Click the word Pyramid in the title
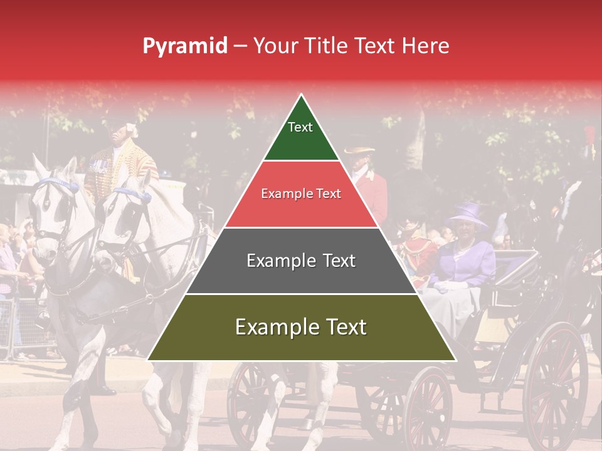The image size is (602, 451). pyautogui.click(x=184, y=46)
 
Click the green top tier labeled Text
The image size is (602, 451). pyautogui.click(x=300, y=135)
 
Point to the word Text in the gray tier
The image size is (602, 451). pyautogui.click(x=335, y=261)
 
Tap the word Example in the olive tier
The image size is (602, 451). pyautogui.click(x=274, y=327)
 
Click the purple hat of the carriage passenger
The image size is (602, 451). pyautogui.click(x=467, y=213)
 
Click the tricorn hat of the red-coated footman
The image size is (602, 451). pyautogui.click(x=359, y=150)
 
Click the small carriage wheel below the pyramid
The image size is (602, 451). pyautogui.click(x=427, y=407)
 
